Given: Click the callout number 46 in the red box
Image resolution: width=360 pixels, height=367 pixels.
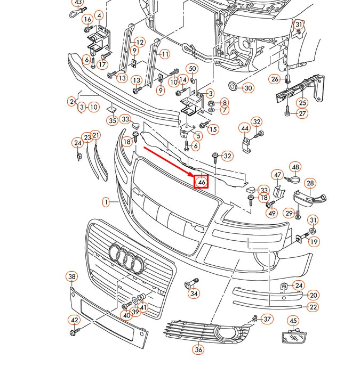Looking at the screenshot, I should point(201,182).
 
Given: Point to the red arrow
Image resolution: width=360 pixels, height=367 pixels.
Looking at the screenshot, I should point(169,161).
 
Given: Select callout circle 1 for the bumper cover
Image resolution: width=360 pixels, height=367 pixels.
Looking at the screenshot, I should point(106,202).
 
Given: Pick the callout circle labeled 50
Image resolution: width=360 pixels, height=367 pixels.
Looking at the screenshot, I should point(193,69).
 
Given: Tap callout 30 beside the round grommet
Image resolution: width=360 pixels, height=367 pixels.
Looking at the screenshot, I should point(249,88).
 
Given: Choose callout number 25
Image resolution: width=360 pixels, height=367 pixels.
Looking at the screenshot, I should point(302,102).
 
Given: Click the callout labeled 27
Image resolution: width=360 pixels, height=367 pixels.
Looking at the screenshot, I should point(302,114).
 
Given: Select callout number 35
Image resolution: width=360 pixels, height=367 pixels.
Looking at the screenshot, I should point(112,121).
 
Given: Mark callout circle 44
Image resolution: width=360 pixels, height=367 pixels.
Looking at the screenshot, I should point(244,128).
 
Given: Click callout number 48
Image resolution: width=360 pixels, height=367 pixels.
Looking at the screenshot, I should point(295,167).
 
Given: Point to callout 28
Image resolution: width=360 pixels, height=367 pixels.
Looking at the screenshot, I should point(310,184).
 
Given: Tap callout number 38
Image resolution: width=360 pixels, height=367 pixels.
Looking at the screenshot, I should point(72,276).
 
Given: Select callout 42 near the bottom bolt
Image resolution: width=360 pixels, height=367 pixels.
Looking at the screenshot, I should point(74,320).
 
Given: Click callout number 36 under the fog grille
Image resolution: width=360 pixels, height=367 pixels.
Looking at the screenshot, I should point(199,350).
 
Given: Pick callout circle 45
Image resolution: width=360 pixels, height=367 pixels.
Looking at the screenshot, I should point(293,321).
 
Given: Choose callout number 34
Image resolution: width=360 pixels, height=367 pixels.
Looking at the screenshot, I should point(194,293).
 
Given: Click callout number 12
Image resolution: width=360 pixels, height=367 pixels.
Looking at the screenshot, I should point(140,42).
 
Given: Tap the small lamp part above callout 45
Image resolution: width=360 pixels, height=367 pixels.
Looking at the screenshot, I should point(292,337).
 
